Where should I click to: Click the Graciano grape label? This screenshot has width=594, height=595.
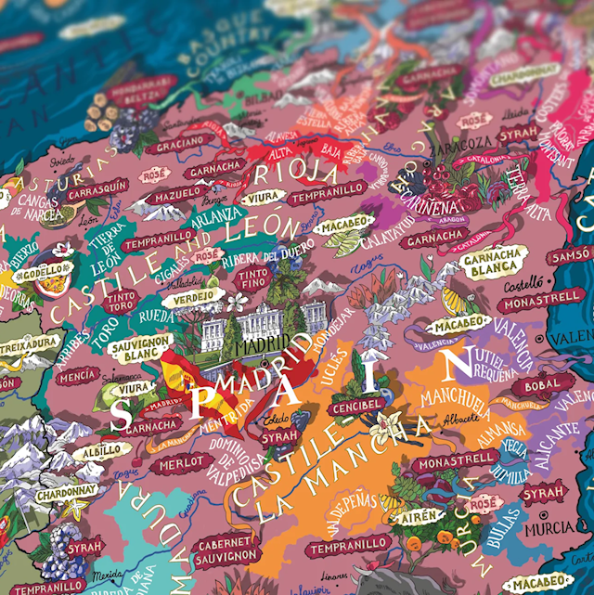pos(178,144)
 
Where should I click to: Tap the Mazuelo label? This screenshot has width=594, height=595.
pos(177,197)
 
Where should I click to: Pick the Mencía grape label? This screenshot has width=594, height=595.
pos(77,375)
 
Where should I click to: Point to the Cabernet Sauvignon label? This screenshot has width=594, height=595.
pos(227,548)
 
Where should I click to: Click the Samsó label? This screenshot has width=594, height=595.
pos(571,255)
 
